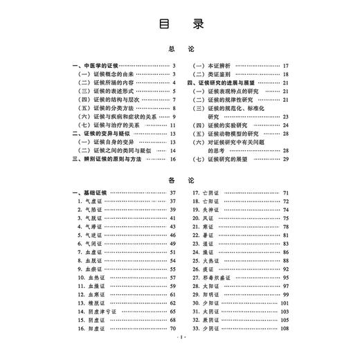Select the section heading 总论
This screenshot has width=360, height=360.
[x=179, y=50]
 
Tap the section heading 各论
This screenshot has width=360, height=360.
[x=179, y=179]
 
